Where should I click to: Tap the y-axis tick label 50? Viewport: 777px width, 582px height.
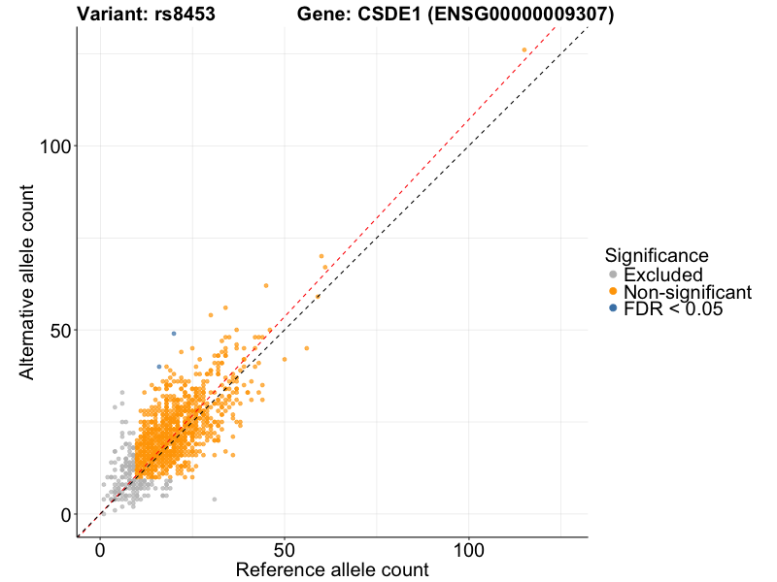[60, 330]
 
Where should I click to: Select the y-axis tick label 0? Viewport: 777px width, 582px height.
[66, 514]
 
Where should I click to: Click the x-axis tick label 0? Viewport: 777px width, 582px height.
[100, 550]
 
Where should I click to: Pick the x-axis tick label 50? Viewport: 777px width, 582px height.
[285, 550]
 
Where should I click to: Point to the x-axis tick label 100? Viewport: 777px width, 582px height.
[469, 550]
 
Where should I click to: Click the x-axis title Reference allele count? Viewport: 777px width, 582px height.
[332, 569]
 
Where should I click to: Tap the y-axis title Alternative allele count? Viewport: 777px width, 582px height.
[28, 281]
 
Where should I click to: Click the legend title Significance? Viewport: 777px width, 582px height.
[657, 256]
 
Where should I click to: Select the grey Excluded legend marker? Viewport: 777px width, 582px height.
[613, 275]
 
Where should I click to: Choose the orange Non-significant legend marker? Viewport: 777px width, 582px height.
[613, 292]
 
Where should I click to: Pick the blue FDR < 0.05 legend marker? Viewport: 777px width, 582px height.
[613, 308]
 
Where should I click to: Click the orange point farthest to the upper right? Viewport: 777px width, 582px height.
[524, 49]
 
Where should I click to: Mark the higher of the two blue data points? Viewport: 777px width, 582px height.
[174, 334]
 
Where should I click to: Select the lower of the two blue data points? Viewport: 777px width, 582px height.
[159, 367]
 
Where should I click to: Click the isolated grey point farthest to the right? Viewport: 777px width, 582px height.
[215, 500]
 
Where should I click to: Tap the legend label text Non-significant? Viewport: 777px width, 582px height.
[688, 292]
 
